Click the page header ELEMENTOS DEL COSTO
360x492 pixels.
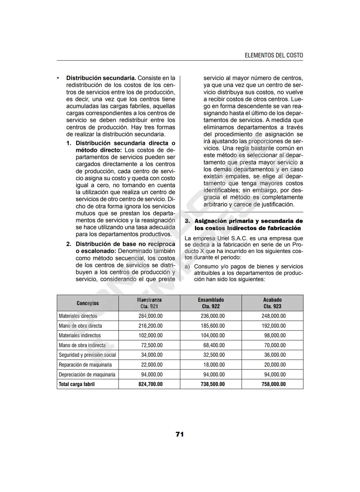click(274, 55)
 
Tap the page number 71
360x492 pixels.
click(180, 434)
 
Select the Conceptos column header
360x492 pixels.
click(88, 303)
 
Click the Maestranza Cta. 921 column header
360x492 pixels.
click(149, 303)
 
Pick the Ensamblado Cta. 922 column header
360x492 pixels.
click(211, 303)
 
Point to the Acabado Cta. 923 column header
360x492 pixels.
click(272, 303)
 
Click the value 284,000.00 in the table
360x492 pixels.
click(150, 316)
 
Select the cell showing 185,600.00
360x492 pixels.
click(213, 326)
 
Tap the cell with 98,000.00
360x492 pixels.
click(275, 335)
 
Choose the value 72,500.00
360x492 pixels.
click(152, 345)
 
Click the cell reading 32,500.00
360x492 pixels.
click(214, 355)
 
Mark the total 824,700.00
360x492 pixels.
click(150, 384)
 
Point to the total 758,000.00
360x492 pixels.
click(273, 384)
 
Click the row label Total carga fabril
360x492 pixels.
click(77, 384)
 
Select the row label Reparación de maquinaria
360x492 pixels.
click(85, 365)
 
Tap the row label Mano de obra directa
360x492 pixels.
click(80, 326)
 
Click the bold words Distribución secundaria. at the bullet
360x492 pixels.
click(101, 78)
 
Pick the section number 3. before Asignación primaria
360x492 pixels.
click(187, 221)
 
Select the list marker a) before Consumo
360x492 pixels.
click(187, 266)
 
